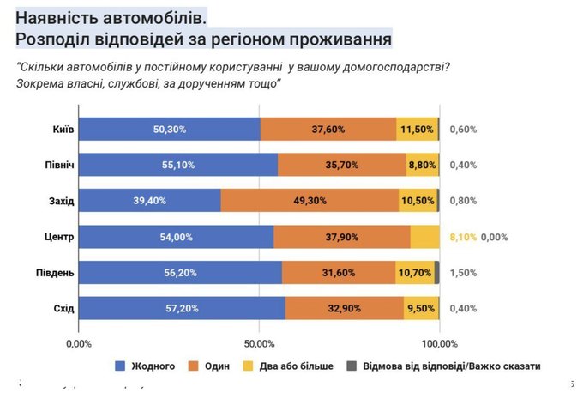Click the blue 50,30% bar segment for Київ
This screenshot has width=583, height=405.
[169, 129]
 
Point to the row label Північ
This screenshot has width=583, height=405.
[58, 165]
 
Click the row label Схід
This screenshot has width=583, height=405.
[63, 308]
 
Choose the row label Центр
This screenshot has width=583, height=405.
[59, 237]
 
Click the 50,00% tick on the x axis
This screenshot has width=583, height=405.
[259, 342]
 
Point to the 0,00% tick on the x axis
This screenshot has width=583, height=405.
[78, 342]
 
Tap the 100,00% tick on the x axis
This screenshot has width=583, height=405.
[439, 342]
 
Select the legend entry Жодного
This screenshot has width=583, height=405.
[153, 366]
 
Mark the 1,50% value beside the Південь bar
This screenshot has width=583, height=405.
[463, 272]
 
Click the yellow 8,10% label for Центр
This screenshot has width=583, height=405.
[463, 237]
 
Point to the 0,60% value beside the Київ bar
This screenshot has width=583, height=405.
[463, 129]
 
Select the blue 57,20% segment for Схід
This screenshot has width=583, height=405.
[182, 308]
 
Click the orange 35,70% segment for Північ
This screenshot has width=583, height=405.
[342, 165]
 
